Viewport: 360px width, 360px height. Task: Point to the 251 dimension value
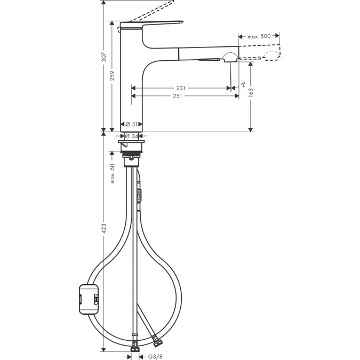[177, 97]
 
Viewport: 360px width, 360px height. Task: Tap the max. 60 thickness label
[113, 173]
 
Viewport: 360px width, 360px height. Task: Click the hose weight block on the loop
[86, 299]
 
